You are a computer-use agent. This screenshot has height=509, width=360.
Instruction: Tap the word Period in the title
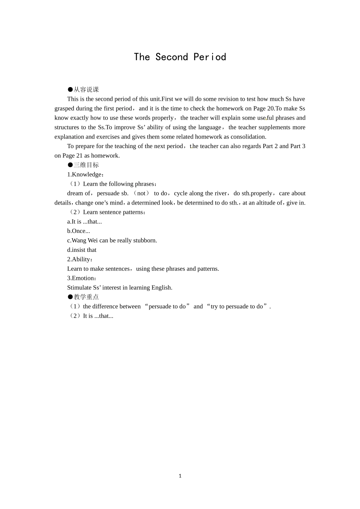tap(210, 57)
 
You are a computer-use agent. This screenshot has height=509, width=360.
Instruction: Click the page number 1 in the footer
tap(180, 476)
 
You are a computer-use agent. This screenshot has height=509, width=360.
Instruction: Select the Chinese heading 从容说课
tap(86, 89)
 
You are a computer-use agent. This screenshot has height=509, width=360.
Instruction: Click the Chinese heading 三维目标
tap(86, 165)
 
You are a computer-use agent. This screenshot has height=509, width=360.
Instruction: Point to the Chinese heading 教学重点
tap(86, 297)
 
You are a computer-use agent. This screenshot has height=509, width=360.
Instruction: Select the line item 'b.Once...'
tap(78, 231)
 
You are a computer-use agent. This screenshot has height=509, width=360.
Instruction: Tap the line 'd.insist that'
tap(81, 250)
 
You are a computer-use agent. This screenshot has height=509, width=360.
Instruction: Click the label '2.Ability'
tap(79, 259)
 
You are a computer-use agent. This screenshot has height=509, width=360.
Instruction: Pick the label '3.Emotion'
tap(81, 278)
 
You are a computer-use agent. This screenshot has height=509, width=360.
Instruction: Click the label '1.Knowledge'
tap(85, 175)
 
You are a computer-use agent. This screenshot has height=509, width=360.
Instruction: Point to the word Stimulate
tap(79, 287)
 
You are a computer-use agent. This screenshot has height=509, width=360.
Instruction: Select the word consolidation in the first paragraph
tap(248, 137)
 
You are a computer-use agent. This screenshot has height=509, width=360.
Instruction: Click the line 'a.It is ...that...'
tap(85, 222)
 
